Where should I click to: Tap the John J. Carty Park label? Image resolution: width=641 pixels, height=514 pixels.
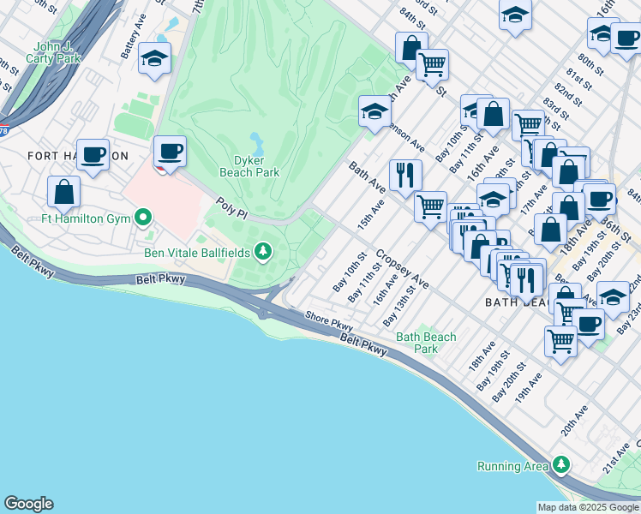(57, 52)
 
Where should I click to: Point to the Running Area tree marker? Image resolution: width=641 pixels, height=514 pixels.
(560, 465)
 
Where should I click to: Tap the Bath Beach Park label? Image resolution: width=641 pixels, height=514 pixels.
(426, 343)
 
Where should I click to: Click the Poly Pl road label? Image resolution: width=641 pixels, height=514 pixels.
(231, 207)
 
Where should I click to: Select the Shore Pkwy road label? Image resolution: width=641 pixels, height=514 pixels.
(329, 323)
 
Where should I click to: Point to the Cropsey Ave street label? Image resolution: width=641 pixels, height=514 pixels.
(402, 269)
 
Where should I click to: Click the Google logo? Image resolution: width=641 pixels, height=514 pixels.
(28, 504)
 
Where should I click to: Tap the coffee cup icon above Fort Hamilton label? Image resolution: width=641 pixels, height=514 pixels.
(93, 154)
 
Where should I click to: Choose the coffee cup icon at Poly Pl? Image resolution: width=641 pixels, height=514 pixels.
(170, 151)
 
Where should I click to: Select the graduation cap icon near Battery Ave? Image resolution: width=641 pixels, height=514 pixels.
(154, 57)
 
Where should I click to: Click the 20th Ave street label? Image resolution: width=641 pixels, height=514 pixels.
(573, 421)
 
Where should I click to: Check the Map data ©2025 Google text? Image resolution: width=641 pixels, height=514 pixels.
(588, 507)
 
